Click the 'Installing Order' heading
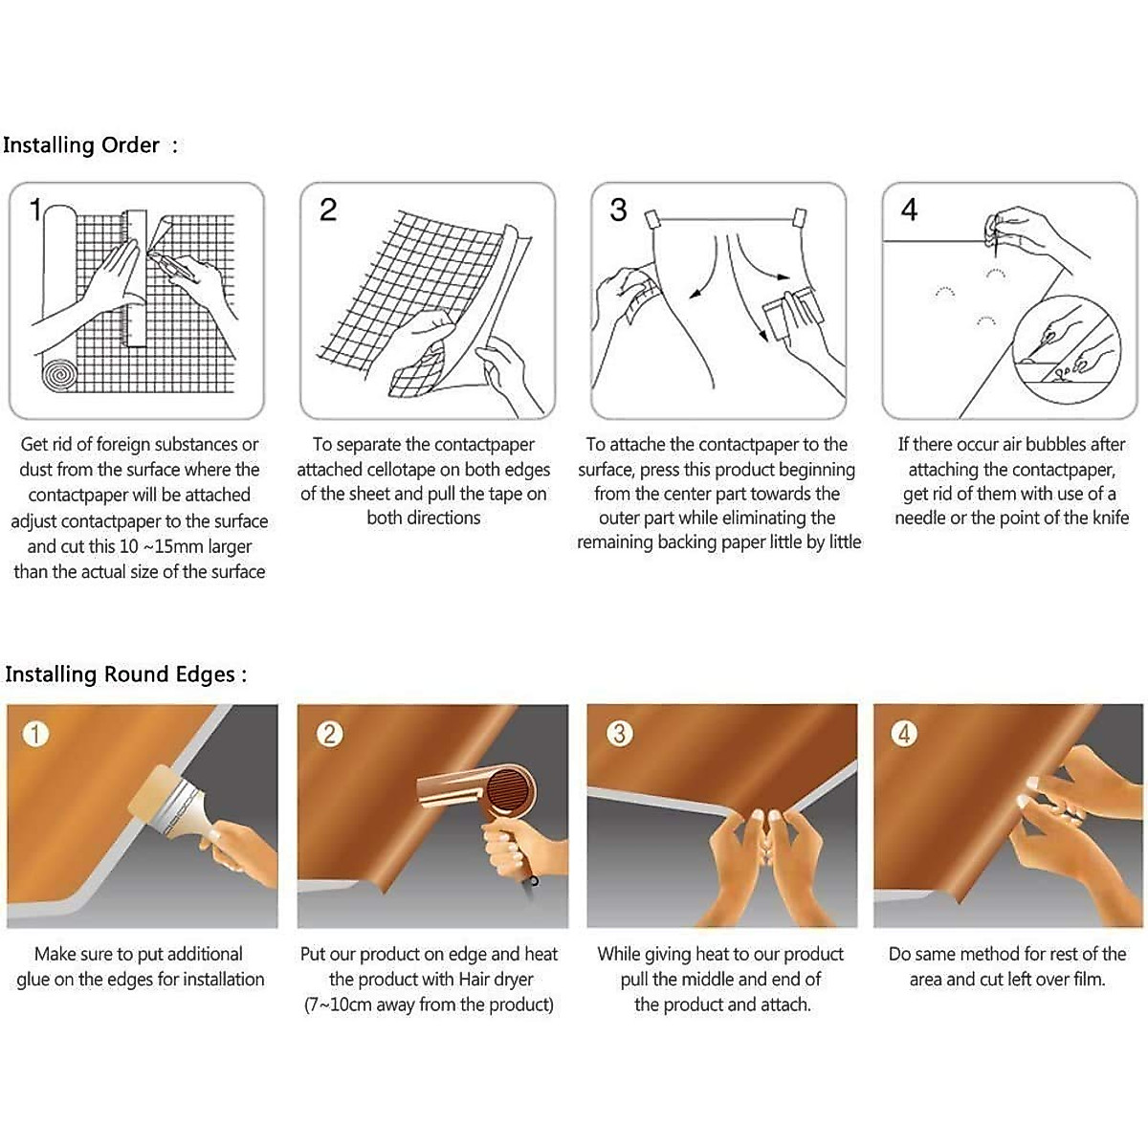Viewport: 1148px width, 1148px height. click(x=81, y=145)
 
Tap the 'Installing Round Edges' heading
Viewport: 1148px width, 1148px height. click(x=120, y=674)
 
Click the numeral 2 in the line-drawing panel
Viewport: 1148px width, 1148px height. click(x=328, y=210)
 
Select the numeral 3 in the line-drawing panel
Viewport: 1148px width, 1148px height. click(x=618, y=210)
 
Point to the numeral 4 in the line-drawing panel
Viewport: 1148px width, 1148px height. click(x=909, y=210)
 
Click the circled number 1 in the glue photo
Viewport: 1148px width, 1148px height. click(x=35, y=734)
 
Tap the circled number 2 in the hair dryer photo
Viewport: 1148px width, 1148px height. click(x=329, y=734)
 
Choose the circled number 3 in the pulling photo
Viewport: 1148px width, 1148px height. click(x=620, y=734)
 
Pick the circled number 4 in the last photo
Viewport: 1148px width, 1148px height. click(x=904, y=734)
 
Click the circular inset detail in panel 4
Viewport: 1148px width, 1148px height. click(x=1066, y=349)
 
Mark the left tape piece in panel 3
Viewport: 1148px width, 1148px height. click(x=651, y=220)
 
